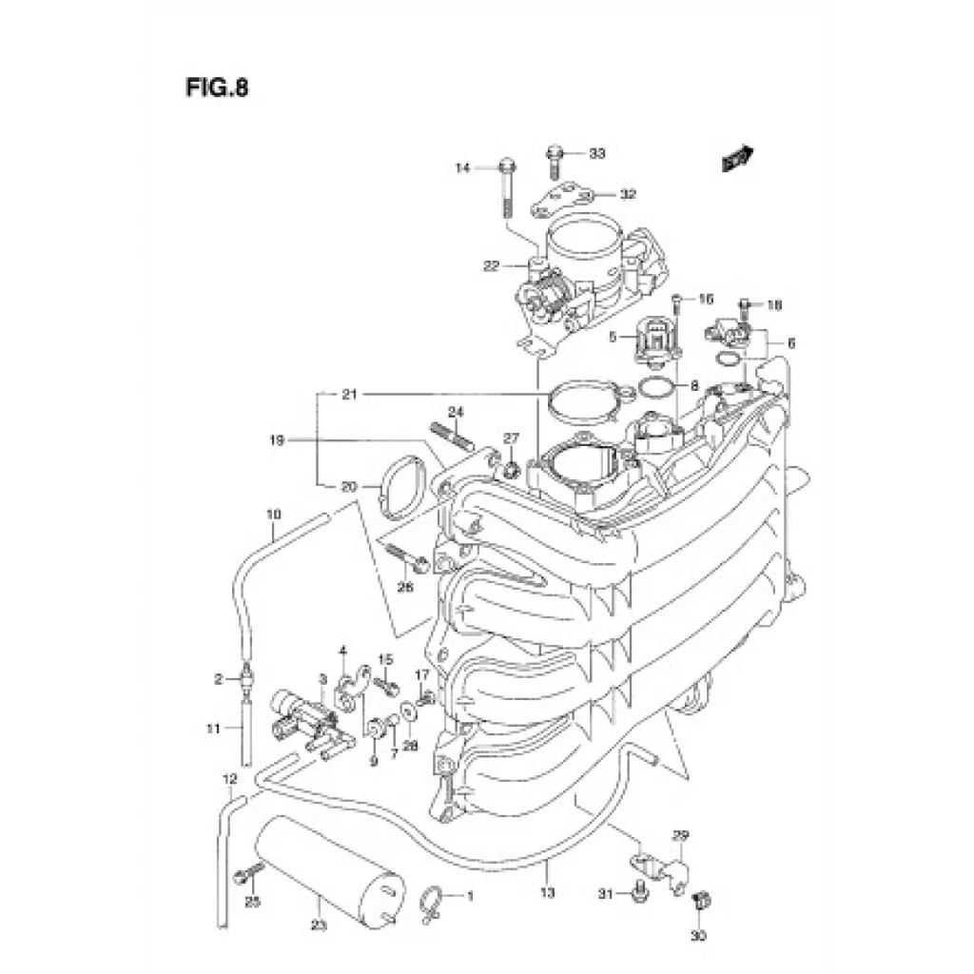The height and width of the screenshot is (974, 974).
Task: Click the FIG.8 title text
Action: click(217, 88)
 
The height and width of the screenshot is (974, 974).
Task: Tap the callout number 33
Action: click(596, 153)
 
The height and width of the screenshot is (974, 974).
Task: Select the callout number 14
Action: click(462, 168)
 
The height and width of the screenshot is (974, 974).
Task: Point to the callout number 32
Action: click(627, 195)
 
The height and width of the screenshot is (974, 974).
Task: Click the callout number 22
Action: click(491, 266)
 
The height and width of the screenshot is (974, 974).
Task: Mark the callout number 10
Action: click(274, 515)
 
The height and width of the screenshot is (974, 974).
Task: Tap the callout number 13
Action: click(547, 892)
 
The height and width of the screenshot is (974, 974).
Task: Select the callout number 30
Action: click(699, 937)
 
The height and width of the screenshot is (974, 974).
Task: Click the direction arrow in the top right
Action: click(737, 158)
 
